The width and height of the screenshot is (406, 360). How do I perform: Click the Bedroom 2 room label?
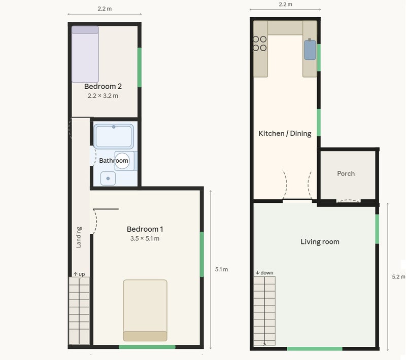coord(103,86)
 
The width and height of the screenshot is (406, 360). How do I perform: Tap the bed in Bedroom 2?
coord(85,54)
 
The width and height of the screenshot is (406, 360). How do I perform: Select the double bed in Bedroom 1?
coord(145,310)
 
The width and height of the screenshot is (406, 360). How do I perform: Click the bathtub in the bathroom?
coord(114,136)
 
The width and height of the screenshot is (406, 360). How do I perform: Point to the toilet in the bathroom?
coord(125,161)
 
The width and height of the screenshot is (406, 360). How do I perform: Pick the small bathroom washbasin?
coord(108,178)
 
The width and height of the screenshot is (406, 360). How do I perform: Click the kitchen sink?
coord(310,49)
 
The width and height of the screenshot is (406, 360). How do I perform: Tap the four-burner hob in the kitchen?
coord(260,44)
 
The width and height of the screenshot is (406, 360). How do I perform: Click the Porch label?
coord(346,173)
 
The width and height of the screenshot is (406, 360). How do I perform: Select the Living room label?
coord(320,242)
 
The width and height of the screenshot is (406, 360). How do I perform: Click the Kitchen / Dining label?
coord(285,133)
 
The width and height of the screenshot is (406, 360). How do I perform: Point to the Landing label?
coord(79,237)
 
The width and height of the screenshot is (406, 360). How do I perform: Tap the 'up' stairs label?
coord(79,274)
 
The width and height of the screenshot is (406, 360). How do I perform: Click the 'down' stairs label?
coord(264,273)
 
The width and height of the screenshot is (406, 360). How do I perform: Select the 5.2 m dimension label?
coord(398,277)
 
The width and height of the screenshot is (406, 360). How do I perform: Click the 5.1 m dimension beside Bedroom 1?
coord(221,269)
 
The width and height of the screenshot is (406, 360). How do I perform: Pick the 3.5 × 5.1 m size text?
coord(145,238)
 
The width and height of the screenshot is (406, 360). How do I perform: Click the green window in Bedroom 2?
coord(140,67)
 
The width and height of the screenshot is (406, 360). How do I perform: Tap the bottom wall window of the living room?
coord(315,349)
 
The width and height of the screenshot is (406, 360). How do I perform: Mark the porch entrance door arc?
coord(348,200)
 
